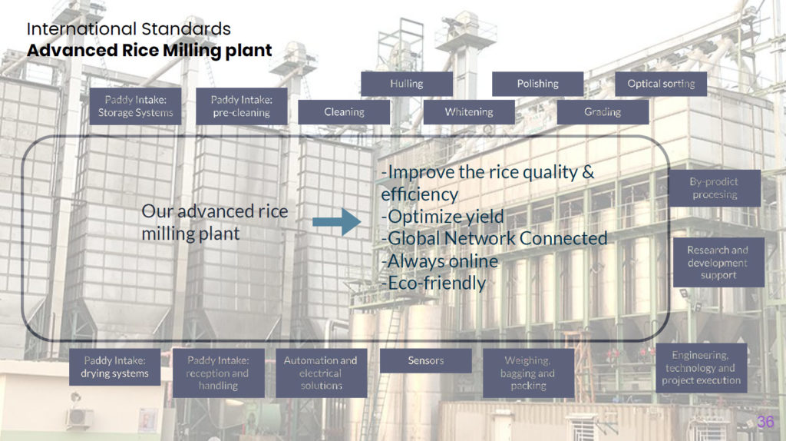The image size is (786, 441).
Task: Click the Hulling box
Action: [x=407, y=84]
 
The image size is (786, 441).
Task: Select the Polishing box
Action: [x=538, y=84]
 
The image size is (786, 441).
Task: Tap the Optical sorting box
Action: [x=661, y=84]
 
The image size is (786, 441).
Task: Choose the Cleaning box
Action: [x=344, y=112]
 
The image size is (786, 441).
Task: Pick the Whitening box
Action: [x=469, y=112]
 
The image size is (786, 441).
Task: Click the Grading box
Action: [x=603, y=112]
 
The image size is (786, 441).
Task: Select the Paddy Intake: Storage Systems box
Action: [x=135, y=106]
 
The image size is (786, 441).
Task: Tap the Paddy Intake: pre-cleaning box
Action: [x=242, y=106]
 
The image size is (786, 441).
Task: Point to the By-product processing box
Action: [x=715, y=188]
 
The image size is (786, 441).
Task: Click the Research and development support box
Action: [x=718, y=263]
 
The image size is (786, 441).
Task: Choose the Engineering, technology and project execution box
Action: [x=702, y=368]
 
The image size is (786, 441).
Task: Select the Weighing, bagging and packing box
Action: [x=528, y=373]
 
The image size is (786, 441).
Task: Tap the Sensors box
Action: [x=425, y=361]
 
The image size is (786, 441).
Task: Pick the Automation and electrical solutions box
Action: [x=322, y=373]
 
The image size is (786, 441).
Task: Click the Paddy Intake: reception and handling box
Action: [x=219, y=373]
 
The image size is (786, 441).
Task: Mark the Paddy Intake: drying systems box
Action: [x=115, y=367]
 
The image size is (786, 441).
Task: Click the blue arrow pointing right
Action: [x=336, y=222]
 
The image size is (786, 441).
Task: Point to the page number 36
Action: [x=765, y=422]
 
